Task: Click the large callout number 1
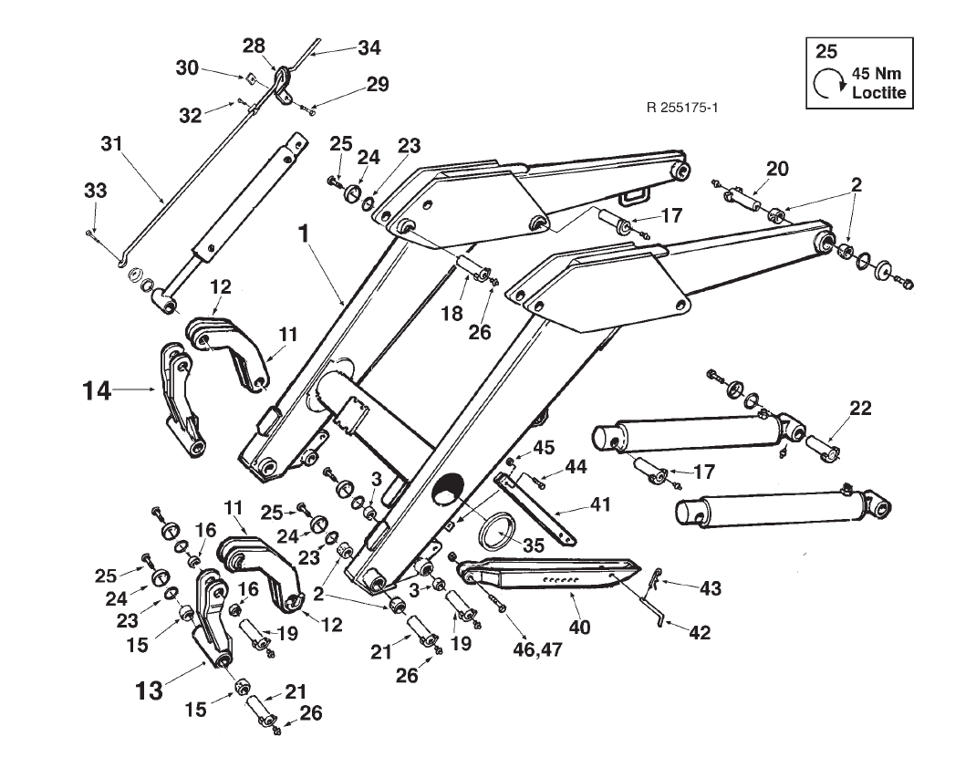(304, 234)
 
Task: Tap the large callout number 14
(97, 391)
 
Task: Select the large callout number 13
(150, 690)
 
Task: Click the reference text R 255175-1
(682, 108)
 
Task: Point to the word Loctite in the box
(879, 93)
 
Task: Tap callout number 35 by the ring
(533, 545)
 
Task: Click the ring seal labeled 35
(496, 530)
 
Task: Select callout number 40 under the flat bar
(579, 627)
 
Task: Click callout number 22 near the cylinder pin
(860, 408)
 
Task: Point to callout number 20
(777, 169)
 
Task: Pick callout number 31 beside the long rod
(112, 144)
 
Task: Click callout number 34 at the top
(369, 48)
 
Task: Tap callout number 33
(95, 190)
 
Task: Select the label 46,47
(538, 649)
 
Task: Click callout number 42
(701, 632)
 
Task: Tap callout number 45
(544, 448)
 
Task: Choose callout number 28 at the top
(254, 46)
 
